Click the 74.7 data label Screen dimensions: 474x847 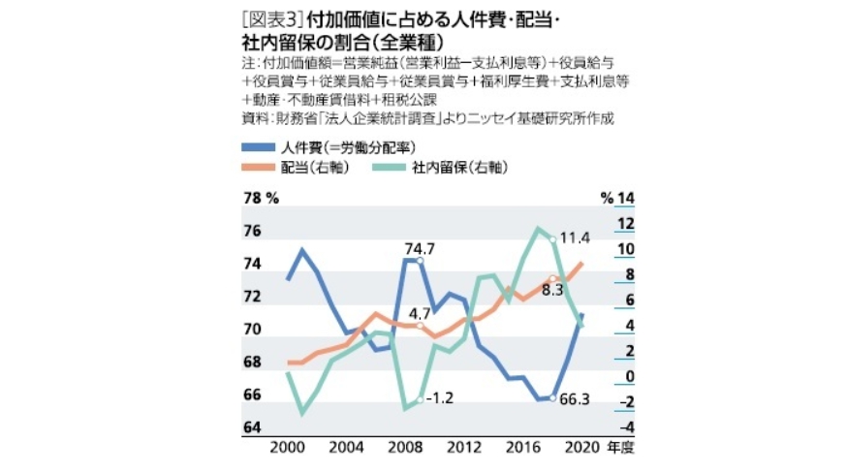coord(420,249)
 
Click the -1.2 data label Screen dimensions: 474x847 coord(440,398)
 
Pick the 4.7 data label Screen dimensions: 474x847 coord(420,312)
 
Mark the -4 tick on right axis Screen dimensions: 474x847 coord(625,427)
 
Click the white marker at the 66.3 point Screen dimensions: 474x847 coord(552,398)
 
